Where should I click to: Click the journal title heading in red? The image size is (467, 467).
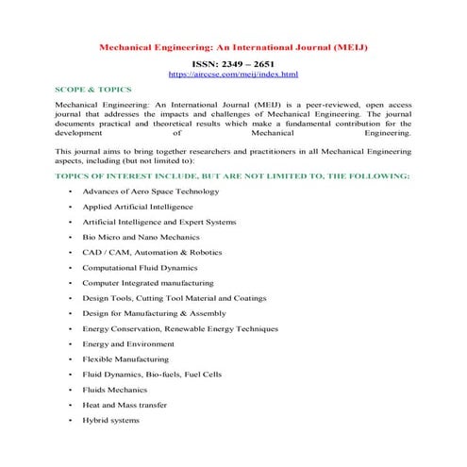(233, 44)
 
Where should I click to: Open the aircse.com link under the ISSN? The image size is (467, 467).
(232, 73)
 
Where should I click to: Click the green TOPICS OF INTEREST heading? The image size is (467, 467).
(232, 175)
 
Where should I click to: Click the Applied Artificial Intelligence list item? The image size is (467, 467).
(137, 207)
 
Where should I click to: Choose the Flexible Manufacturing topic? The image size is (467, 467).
(125, 359)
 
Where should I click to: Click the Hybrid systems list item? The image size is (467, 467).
(110, 420)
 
